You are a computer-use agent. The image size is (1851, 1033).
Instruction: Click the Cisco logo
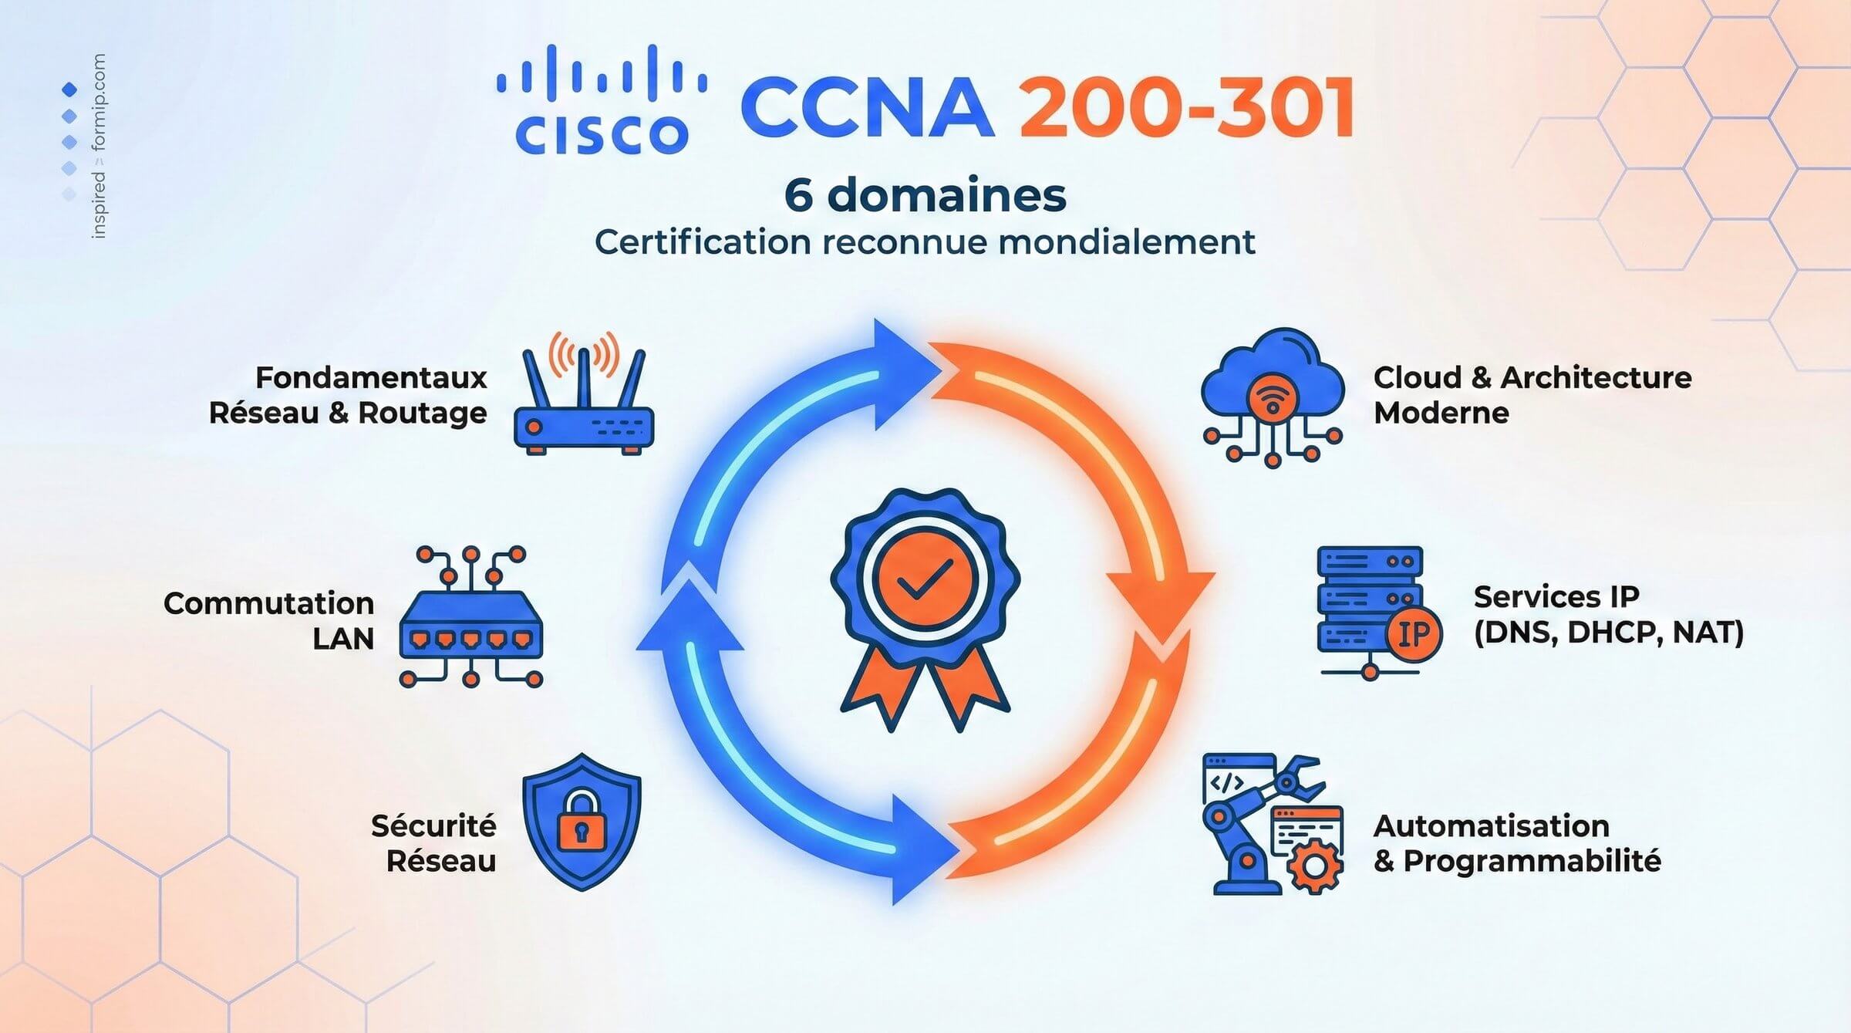[602, 100]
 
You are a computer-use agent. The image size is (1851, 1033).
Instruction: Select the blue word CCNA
[868, 108]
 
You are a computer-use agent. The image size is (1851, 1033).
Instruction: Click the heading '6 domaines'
[925, 194]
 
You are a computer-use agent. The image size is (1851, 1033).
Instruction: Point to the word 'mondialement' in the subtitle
[1127, 242]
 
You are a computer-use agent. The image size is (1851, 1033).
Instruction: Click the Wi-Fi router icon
[584, 401]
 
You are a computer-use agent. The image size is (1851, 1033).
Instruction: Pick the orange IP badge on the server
[1414, 634]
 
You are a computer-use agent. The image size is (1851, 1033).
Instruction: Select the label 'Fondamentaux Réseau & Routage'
[349, 395]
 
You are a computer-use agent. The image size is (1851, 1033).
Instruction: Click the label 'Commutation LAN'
[269, 620]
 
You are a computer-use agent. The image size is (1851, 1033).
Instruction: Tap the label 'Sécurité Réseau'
[434, 842]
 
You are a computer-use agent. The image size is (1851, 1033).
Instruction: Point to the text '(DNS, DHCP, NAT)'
[1609, 633]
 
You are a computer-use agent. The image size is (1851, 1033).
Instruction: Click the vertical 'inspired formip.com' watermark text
[99, 147]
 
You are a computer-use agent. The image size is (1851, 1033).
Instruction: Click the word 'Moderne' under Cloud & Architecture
[1441, 413]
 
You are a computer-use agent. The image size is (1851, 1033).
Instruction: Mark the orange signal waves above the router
[584, 351]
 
